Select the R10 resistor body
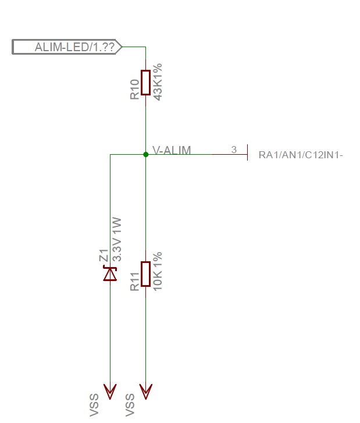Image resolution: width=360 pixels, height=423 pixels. coord(145,83)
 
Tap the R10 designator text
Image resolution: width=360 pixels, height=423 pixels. coord(134,88)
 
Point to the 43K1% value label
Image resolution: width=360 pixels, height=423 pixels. coord(157,83)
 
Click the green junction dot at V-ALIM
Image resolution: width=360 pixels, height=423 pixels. coord(145,154)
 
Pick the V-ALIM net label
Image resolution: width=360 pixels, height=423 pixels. coord(171,150)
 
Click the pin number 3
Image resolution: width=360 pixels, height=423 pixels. coord(234,150)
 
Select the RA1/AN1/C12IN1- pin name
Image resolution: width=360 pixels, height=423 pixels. coord(301,155)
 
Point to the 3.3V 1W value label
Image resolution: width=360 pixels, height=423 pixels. coord(116,239)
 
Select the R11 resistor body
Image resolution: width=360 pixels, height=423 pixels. coord(145,274)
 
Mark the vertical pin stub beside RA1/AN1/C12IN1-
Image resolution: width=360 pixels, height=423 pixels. coord(248,152)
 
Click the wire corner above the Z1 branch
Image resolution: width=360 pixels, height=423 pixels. coord(110,154)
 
